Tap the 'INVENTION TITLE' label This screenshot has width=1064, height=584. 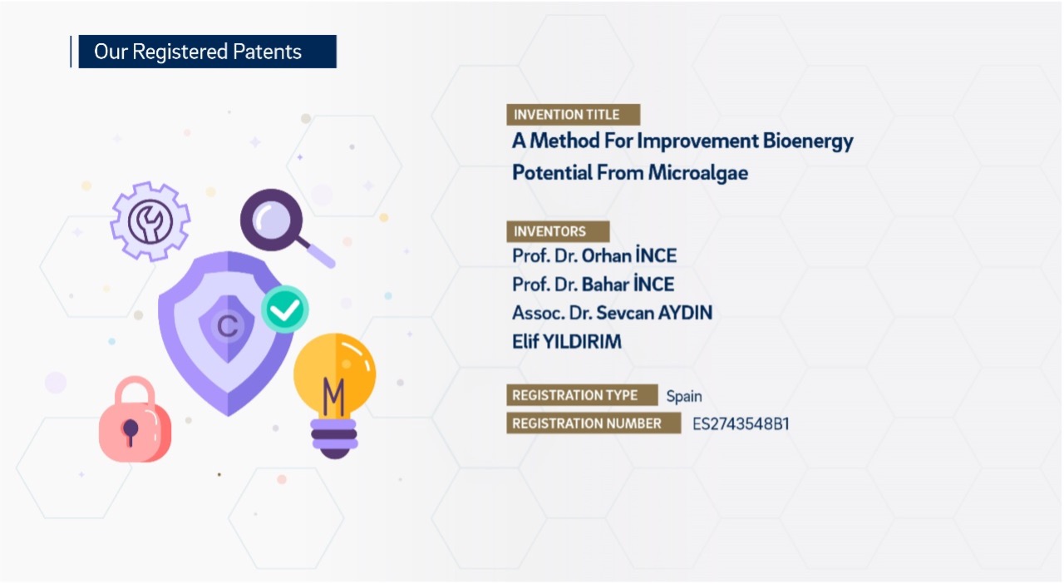click(x=572, y=115)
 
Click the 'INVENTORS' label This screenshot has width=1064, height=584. click(x=557, y=231)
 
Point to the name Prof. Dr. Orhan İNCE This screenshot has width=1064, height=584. click(x=594, y=255)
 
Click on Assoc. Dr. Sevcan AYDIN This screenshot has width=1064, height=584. click(x=612, y=313)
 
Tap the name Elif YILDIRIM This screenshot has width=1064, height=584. click(x=566, y=342)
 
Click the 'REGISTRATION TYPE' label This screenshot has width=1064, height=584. click(x=581, y=395)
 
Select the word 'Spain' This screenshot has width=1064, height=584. click(x=684, y=396)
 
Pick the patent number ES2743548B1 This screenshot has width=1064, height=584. click(x=741, y=424)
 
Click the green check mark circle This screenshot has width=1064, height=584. click(x=285, y=309)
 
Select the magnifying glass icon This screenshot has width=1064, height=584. click(x=274, y=220)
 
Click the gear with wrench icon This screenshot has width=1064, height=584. click(x=150, y=221)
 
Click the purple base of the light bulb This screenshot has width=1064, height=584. click(x=334, y=438)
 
